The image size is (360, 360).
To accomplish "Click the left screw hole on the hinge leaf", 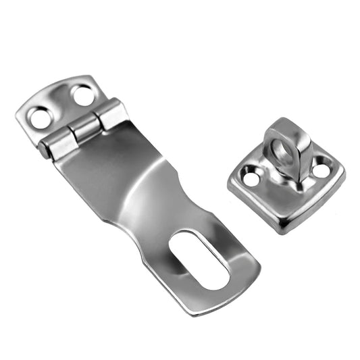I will [x=40, y=119].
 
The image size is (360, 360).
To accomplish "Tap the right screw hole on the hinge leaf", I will [x=84, y=96].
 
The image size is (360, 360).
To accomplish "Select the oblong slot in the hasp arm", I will [x=199, y=258].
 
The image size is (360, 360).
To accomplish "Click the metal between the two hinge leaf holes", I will [x=62, y=104].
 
